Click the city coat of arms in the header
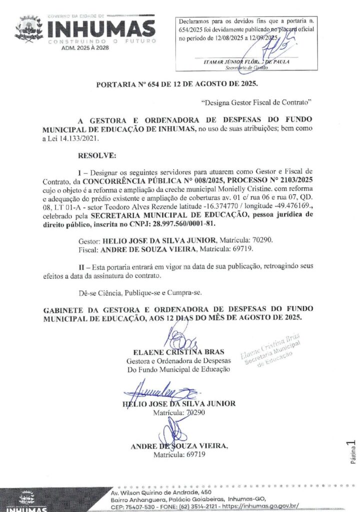tap(29, 29)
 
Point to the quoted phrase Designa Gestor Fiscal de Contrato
tap(256, 103)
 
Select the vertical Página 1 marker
tap(352, 452)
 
